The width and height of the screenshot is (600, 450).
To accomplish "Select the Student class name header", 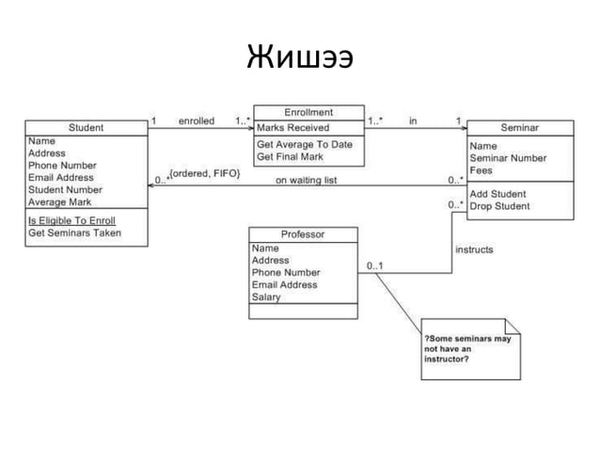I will click(x=87, y=127).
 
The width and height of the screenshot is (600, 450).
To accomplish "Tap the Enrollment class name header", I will click(x=308, y=112).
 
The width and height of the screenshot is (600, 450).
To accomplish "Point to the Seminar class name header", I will click(x=519, y=127).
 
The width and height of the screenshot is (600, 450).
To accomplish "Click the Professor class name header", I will click(x=303, y=234).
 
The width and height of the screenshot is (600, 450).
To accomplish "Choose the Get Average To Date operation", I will click(x=305, y=145).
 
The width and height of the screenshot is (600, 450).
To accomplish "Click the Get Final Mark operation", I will click(x=292, y=157).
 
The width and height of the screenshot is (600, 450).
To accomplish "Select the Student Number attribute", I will click(x=66, y=189).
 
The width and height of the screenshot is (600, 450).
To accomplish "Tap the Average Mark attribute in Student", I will click(x=60, y=201).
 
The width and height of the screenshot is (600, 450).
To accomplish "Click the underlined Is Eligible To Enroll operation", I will click(x=72, y=220).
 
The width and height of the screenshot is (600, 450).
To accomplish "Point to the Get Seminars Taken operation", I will click(x=74, y=233).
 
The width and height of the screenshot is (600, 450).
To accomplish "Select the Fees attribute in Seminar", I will click(x=482, y=170).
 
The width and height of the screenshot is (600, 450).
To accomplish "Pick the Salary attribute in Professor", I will click(x=266, y=297).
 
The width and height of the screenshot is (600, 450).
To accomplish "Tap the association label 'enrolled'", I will click(x=197, y=121).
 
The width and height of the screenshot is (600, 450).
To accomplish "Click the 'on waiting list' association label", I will click(x=307, y=179).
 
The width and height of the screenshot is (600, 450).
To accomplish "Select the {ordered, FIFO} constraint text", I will click(x=204, y=173).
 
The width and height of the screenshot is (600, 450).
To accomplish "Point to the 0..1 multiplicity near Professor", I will click(x=374, y=265).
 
